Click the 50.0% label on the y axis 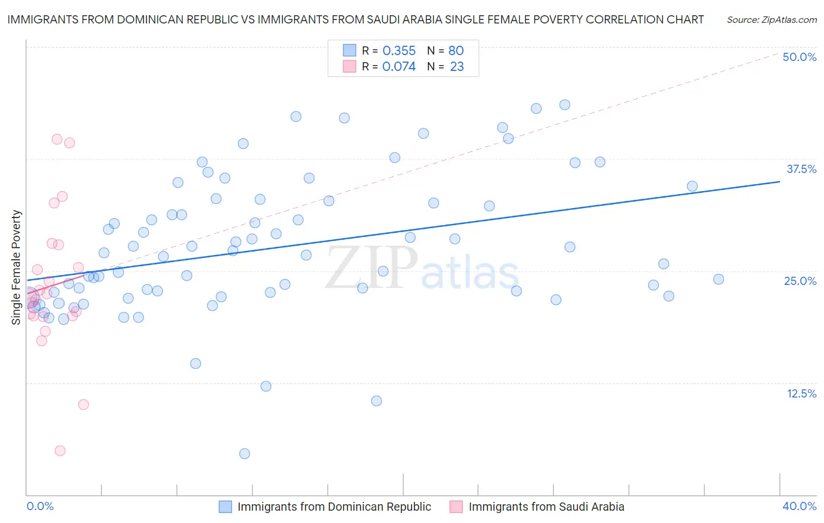click(799, 57)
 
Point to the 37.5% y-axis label click(801, 169)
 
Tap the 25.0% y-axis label click(800, 281)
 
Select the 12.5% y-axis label click(801, 393)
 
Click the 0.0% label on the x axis click(40, 506)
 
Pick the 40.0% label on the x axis click(799, 506)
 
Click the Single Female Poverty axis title click(16, 267)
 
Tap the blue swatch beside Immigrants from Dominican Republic click(226, 507)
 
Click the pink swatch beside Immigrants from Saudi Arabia click(456, 507)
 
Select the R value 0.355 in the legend click(399, 50)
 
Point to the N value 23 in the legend click(457, 67)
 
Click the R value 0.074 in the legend click(399, 67)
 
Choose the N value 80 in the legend click(456, 50)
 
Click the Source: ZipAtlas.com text click(771, 20)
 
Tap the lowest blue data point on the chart click(244, 454)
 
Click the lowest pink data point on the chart click(60, 451)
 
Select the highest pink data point click(57, 139)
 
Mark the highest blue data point click(564, 105)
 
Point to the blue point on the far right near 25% click(719, 279)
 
